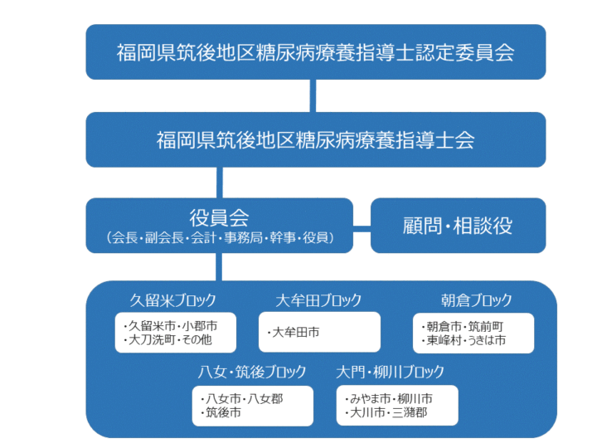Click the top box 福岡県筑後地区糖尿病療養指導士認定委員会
click(x=316, y=52)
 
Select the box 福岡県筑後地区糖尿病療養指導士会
click(x=316, y=140)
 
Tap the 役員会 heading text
click(x=219, y=218)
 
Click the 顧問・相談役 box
click(x=458, y=226)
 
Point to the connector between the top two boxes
click(x=313, y=96)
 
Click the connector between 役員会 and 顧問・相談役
click(x=362, y=229)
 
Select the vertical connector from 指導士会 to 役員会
click(x=219, y=183)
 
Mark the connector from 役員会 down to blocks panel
click(x=219, y=267)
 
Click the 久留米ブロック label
click(x=172, y=300)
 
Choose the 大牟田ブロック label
click(x=318, y=300)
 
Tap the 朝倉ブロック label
click(x=476, y=300)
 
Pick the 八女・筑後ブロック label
click(x=252, y=372)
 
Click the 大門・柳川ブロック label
click(x=390, y=372)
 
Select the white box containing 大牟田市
click(x=319, y=332)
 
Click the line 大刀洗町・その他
click(x=167, y=339)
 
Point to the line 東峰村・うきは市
click(x=464, y=340)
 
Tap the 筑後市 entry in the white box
click(x=221, y=412)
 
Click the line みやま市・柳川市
click(x=388, y=399)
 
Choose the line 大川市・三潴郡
click(x=386, y=412)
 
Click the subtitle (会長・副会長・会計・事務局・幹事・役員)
click(x=220, y=238)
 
